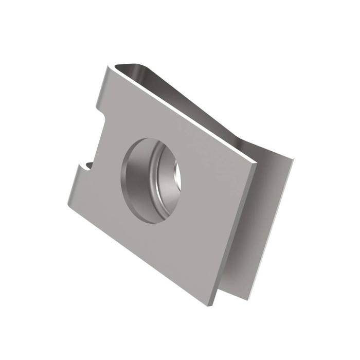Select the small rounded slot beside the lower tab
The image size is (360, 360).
(x=88, y=165)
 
